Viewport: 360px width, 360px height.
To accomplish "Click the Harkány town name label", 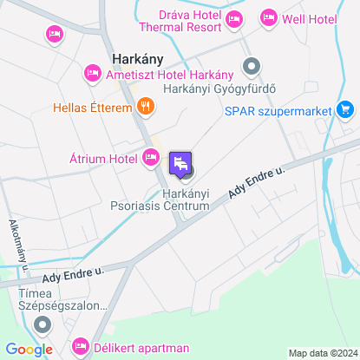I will [x=139, y=60].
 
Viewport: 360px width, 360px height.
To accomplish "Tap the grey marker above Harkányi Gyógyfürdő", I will [x=252, y=66].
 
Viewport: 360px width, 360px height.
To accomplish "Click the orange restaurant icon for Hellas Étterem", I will [x=146, y=108].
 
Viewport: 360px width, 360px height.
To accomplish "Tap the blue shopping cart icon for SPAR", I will [x=346, y=109].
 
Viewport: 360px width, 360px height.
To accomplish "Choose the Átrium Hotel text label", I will [x=103, y=159].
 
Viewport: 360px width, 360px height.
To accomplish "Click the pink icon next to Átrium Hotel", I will [x=151, y=158].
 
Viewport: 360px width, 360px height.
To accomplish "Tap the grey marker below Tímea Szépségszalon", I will [x=40, y=325].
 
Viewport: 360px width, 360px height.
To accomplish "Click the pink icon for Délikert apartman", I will [x=81, y=348].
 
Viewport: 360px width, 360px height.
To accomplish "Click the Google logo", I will [x=29, y=350].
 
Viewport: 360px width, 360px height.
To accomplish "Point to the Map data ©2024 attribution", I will [x=322, y=353].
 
